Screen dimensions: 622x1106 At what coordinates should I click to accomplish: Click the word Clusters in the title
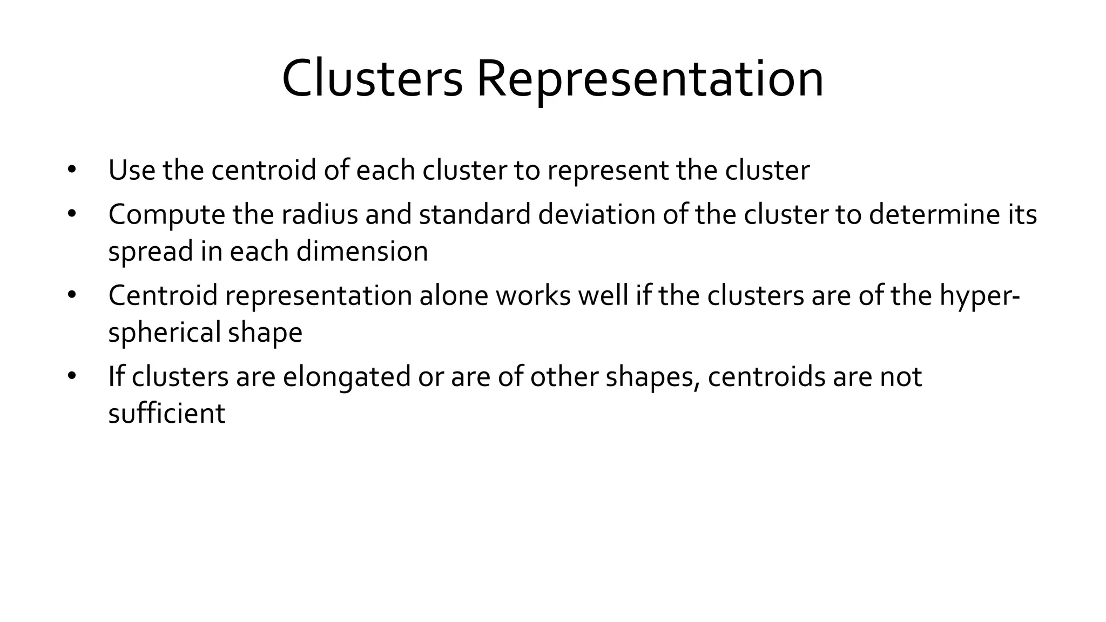click(372, 79)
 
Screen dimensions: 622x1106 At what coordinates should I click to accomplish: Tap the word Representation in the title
click(650, 79)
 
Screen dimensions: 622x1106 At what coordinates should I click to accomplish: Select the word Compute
click(167, 214)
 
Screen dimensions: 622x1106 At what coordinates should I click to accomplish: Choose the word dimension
click(362, 251)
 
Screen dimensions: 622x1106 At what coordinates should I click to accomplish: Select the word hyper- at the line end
click(979, 296)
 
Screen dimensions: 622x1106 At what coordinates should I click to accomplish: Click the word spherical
click(165, 332)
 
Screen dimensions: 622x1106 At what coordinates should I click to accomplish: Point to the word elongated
click(347, 376)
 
